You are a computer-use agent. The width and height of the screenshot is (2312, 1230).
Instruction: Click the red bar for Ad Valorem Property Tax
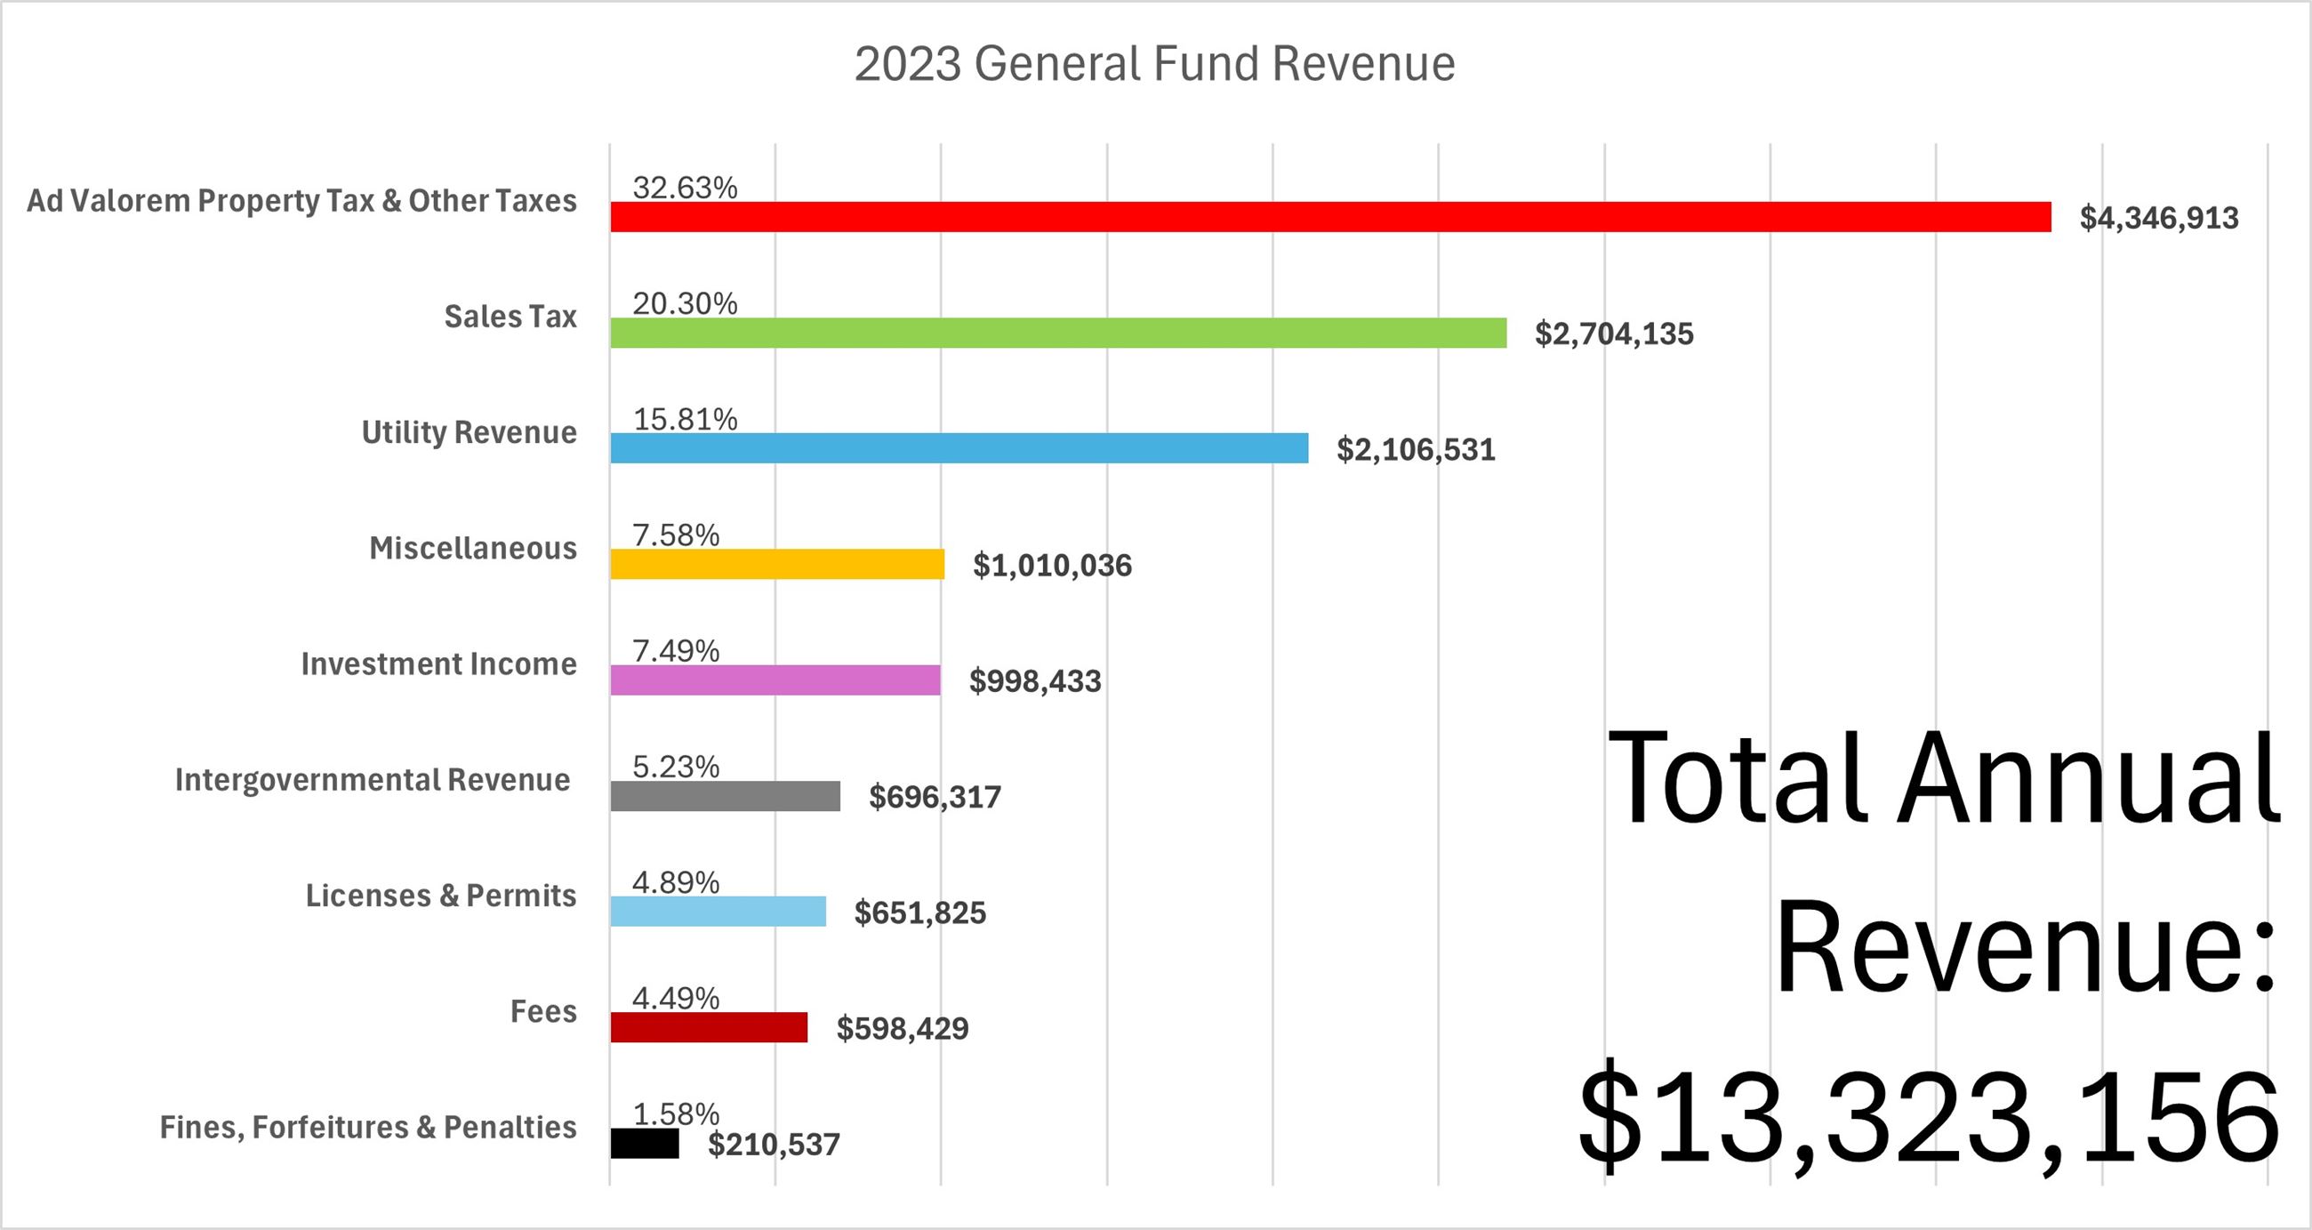click(1330, 217)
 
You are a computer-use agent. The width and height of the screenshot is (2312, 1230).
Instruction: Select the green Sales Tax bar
click(1058, 334)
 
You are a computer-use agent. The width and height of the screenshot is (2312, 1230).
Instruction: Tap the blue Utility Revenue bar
click(959, 448)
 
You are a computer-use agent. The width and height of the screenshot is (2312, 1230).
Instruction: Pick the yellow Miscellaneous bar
click(777, 564)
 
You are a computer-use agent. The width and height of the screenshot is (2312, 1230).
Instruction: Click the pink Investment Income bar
click(775, 679)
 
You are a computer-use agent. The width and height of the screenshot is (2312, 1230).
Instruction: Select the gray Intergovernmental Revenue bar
click(726, 795)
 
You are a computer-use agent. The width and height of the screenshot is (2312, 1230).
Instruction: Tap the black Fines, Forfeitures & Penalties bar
click(645, 1143)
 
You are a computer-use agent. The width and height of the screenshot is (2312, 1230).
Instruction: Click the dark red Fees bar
click(709, 1027)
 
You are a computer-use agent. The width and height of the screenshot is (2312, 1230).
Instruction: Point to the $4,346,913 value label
click(2158, 218)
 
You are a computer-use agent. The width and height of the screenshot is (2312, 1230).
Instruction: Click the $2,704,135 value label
click(1614, 334)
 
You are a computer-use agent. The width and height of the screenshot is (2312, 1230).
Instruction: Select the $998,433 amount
click(1035, 681)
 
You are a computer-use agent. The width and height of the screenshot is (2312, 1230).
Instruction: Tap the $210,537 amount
click(774, 1145)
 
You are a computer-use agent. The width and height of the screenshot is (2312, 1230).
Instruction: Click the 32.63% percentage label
click(685, 188)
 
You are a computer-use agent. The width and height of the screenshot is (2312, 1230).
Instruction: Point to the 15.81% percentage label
click(685, 419)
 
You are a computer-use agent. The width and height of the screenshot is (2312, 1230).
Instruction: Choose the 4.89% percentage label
click(676, 882)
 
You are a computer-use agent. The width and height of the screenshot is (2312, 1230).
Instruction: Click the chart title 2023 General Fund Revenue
click(1154, 64)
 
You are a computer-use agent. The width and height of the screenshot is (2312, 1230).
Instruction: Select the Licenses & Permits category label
click(441, 895)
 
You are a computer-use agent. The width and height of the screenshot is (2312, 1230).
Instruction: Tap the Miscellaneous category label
click(473, 548)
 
